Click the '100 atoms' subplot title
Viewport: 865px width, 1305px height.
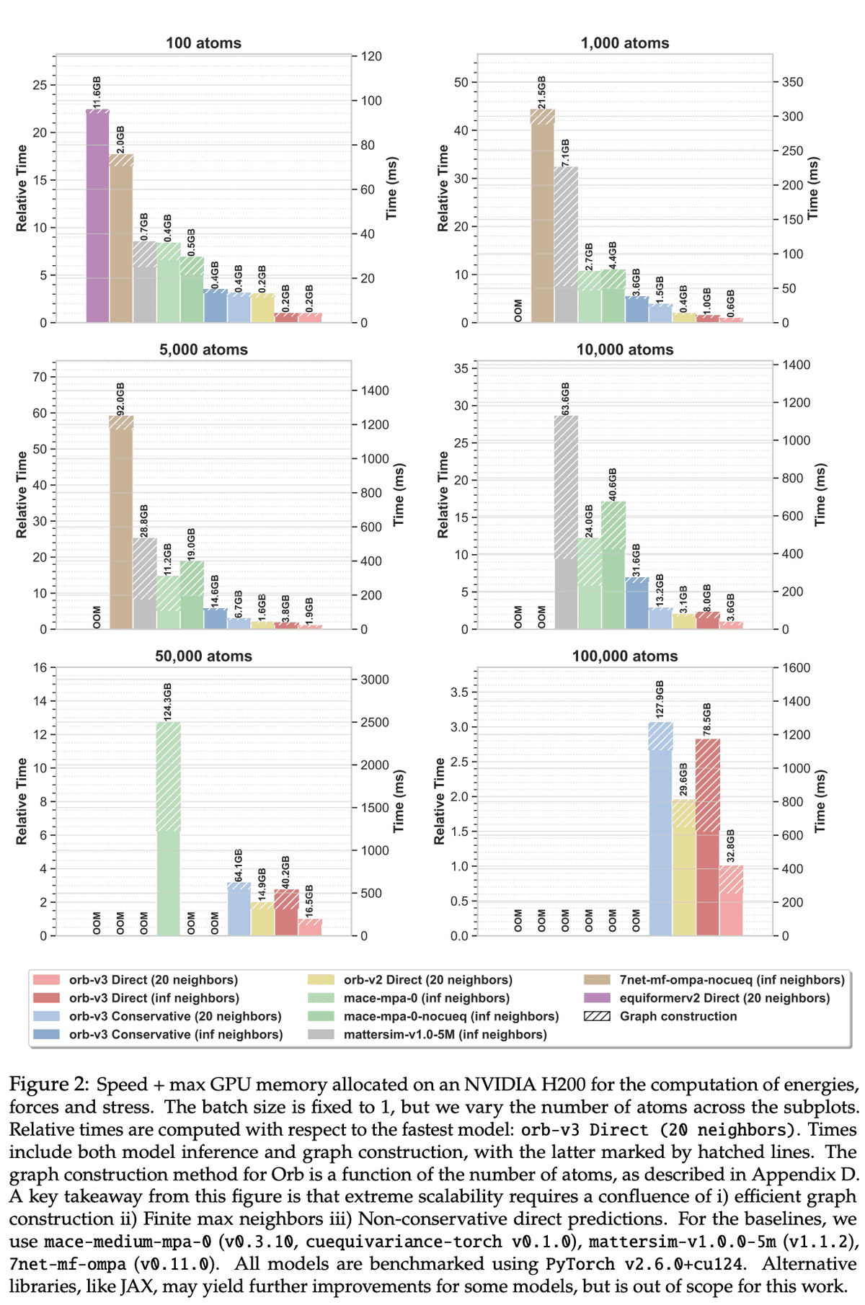[x=203, y=43]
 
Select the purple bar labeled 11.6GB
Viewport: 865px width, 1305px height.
[x=97, y=216]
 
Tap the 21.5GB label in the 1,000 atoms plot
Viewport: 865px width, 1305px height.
[x=541, y=92]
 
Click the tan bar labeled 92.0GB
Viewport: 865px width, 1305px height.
[x=121, y=522]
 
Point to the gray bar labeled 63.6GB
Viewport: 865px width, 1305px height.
[x=566, y=522]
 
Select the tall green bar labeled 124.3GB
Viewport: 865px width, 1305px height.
[x=168, y=829]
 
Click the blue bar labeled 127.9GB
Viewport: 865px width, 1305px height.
[x=660, y=829]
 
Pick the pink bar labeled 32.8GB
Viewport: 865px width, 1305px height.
[x=731, y=901]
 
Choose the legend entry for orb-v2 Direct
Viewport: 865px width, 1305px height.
[x=427, y=980]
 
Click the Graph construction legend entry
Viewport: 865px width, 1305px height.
[x=678, y=1017]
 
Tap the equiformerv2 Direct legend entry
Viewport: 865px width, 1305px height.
[x=724, y=998]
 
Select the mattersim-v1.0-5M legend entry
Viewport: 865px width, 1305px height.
[x=445, y=1035]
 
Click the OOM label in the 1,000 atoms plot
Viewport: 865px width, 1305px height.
[x=518, y=310]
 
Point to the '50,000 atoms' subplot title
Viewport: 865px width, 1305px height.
[x=203, y=656]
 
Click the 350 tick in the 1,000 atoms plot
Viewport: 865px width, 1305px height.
[x=792, y=82]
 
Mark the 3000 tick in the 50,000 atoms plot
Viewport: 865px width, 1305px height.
[x=375, y=680]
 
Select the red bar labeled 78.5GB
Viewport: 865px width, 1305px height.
[x=708, y=836]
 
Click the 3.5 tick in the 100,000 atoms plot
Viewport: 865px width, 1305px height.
[x=459, y=692]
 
